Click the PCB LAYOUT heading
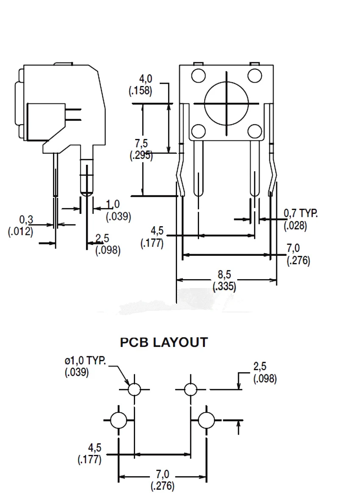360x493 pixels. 164,342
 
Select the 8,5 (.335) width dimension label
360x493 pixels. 224,280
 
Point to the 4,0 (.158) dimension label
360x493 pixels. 141,85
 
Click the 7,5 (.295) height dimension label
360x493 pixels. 141,150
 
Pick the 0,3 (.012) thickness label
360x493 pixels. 21,225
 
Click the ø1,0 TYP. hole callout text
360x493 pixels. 85,366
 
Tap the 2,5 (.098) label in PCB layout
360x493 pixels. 265,372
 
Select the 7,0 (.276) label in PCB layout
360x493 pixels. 163,480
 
